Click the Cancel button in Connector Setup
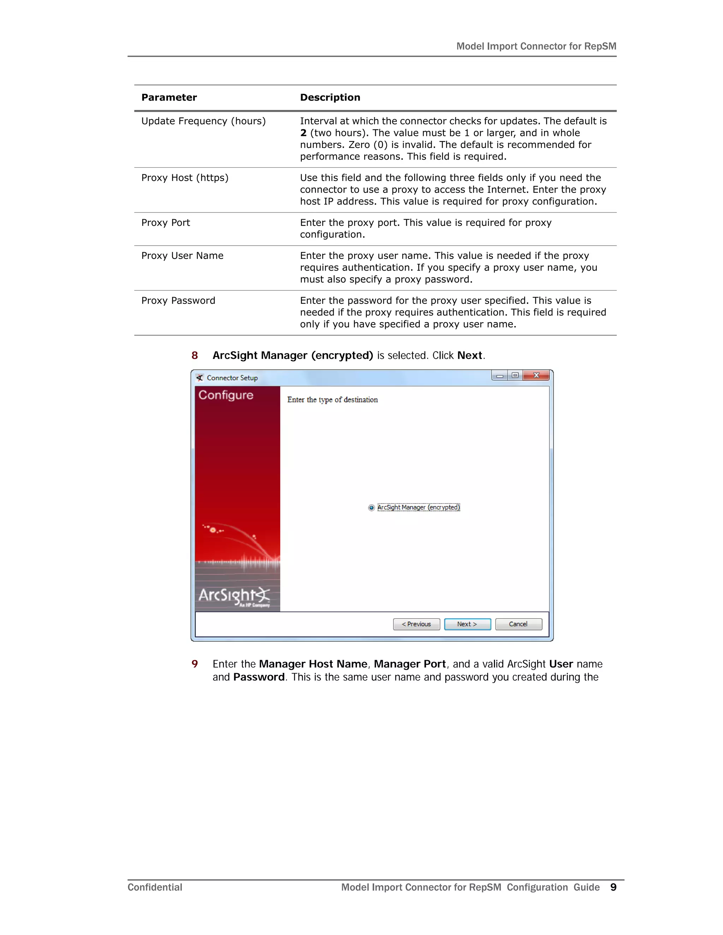pyautogui.click(x=518, y=624)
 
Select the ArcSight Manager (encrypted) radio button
pyautogui.click(x=371, y=508)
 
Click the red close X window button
pyautogui.click(x=536, y=375)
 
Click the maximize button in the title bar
pyautogui.click(x=515, y=375)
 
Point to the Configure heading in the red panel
pyautogui.click(x=226, y=395)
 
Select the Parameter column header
pyautogui.click(x=169, y=98)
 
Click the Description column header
pyautogui.click(x=330, y=98)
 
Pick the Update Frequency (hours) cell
pyautogui.click(x=203, y=121)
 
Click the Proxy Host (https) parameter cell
pyautogui.click(x=185, y=178)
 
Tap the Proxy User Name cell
pyautogui.click(x=183, y=255)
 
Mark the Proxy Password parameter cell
pyautogui.click(x=178, y=301)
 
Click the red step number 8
pyautogui.click(x=195, y=355)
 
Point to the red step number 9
pyautogui.click(x=195, y=664)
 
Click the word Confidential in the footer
pyautogui.click(x=155, y=887)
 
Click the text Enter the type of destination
pyautogui.click(x=332, y=400)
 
